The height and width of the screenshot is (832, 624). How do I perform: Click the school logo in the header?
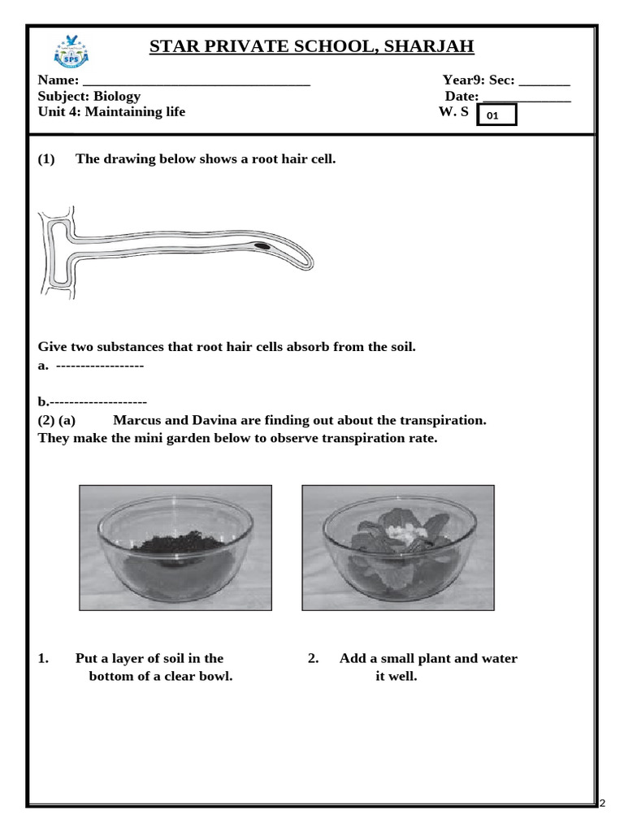tap(71, 50)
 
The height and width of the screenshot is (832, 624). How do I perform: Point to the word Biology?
tap(117, 96)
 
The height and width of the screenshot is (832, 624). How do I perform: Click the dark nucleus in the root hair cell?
tap(262, 245)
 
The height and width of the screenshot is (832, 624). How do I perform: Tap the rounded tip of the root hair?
tap(308, 262)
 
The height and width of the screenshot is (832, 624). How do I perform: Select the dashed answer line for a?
tap(100, 366)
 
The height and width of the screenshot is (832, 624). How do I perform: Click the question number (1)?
tap(46, 158)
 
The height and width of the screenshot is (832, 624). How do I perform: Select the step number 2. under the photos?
tap(313, 658)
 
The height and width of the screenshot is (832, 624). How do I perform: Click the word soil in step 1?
tap(172, 658)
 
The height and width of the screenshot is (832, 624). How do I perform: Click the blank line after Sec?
tap(544, 81)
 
